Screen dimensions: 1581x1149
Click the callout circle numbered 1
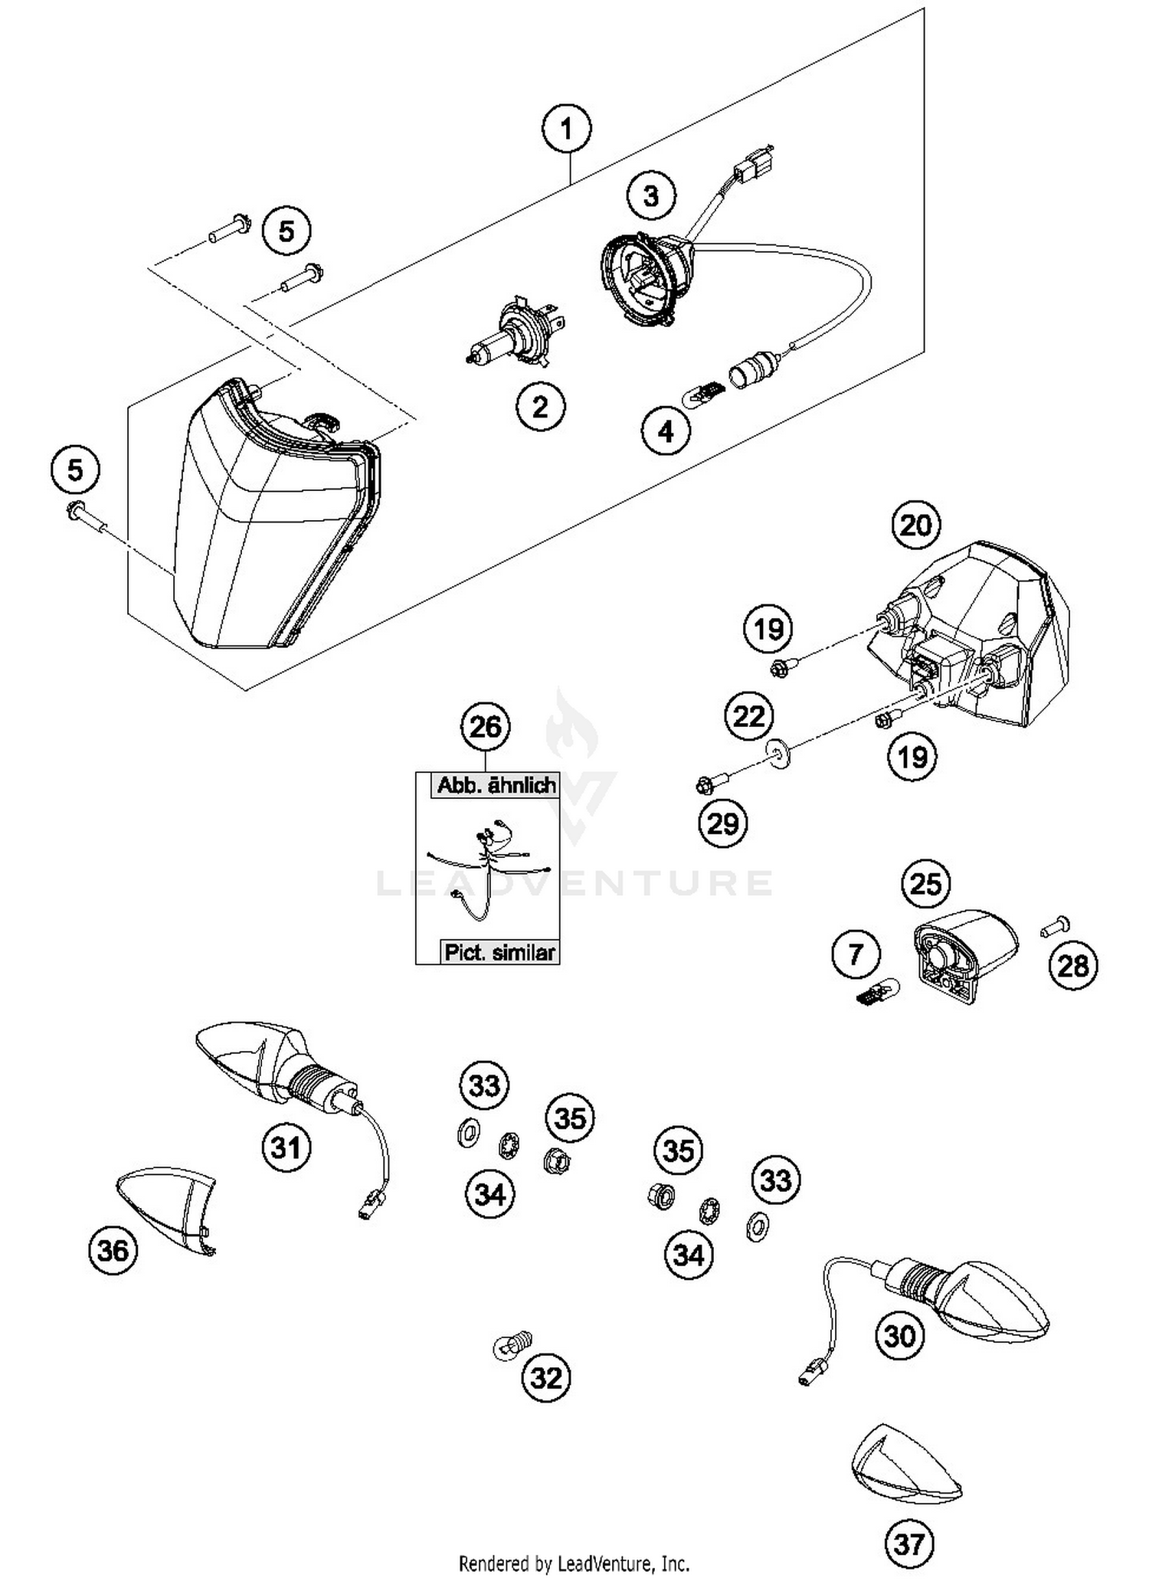coord(566,129)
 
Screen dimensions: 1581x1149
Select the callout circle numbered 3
coord(650,196)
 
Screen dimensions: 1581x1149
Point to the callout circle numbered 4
coord(666,431)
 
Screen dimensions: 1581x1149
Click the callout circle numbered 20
coord(915,525)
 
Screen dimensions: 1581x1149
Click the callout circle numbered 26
coord(486,726)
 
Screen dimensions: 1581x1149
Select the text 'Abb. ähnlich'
coord(496,785)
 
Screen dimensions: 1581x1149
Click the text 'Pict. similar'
coord(499,953)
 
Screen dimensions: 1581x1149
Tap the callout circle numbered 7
coord(855,954)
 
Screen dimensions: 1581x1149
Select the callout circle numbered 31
coord(286,1147)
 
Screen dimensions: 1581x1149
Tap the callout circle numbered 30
coord(899,1337)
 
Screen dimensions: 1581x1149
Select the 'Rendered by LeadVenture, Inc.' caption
coord(574,1563)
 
